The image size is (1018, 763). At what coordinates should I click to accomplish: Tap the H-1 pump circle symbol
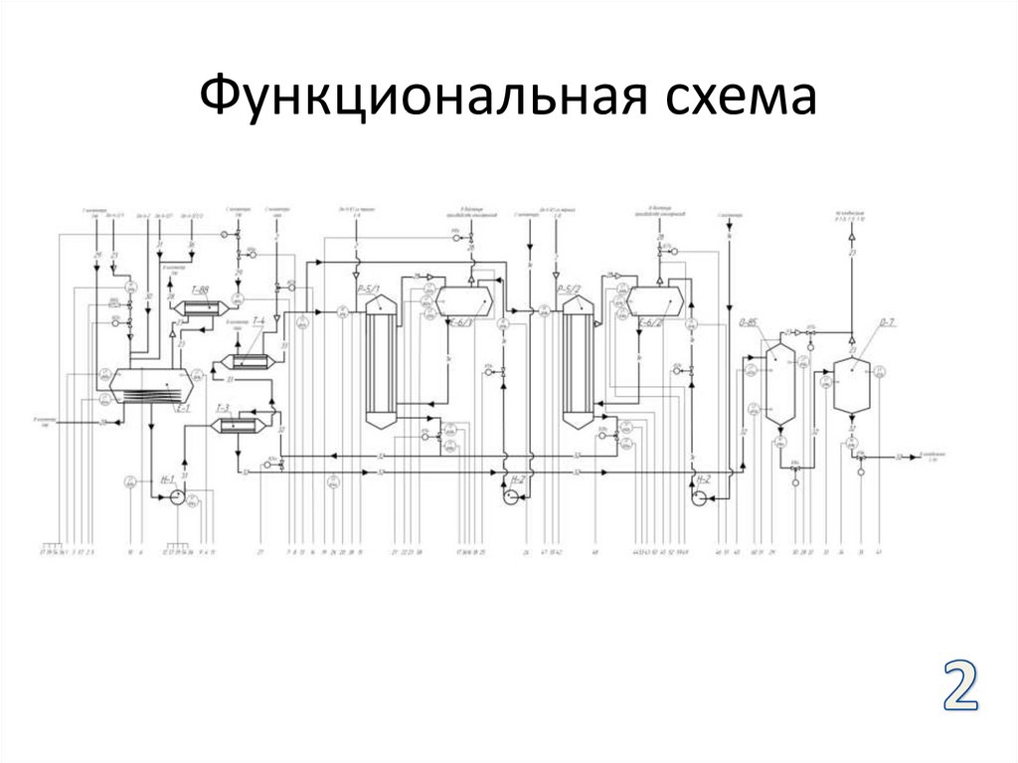pos(175,497)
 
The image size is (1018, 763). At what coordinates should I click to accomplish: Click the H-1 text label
pos(167,479)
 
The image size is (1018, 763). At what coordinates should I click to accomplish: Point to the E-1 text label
pos(183,408)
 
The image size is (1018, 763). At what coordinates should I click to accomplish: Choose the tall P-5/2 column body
pos(578,362)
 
